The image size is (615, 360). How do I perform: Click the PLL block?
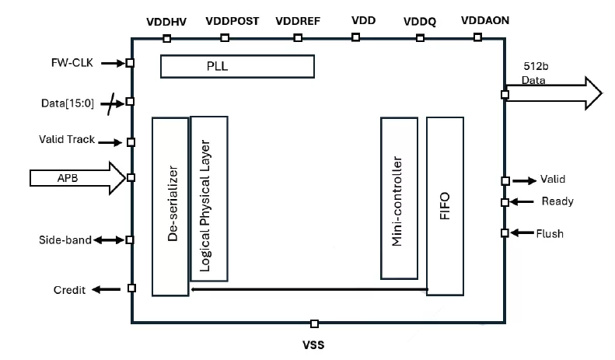pos(236,67)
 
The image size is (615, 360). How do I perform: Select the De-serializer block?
pos(170,206)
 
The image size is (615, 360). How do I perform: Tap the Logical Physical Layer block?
pos(208,198)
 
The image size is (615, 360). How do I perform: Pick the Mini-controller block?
pos(400,198)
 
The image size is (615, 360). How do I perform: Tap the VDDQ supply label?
pos(420,20)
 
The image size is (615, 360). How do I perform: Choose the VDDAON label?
pos(486,20)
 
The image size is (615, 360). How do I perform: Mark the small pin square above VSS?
pos(313,323)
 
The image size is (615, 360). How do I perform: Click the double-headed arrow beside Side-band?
pos(110,240)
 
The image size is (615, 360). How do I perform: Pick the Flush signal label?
pos(550,232)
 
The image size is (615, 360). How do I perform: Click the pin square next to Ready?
pos(505,202)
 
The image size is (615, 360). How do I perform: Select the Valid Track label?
pos(67,140)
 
